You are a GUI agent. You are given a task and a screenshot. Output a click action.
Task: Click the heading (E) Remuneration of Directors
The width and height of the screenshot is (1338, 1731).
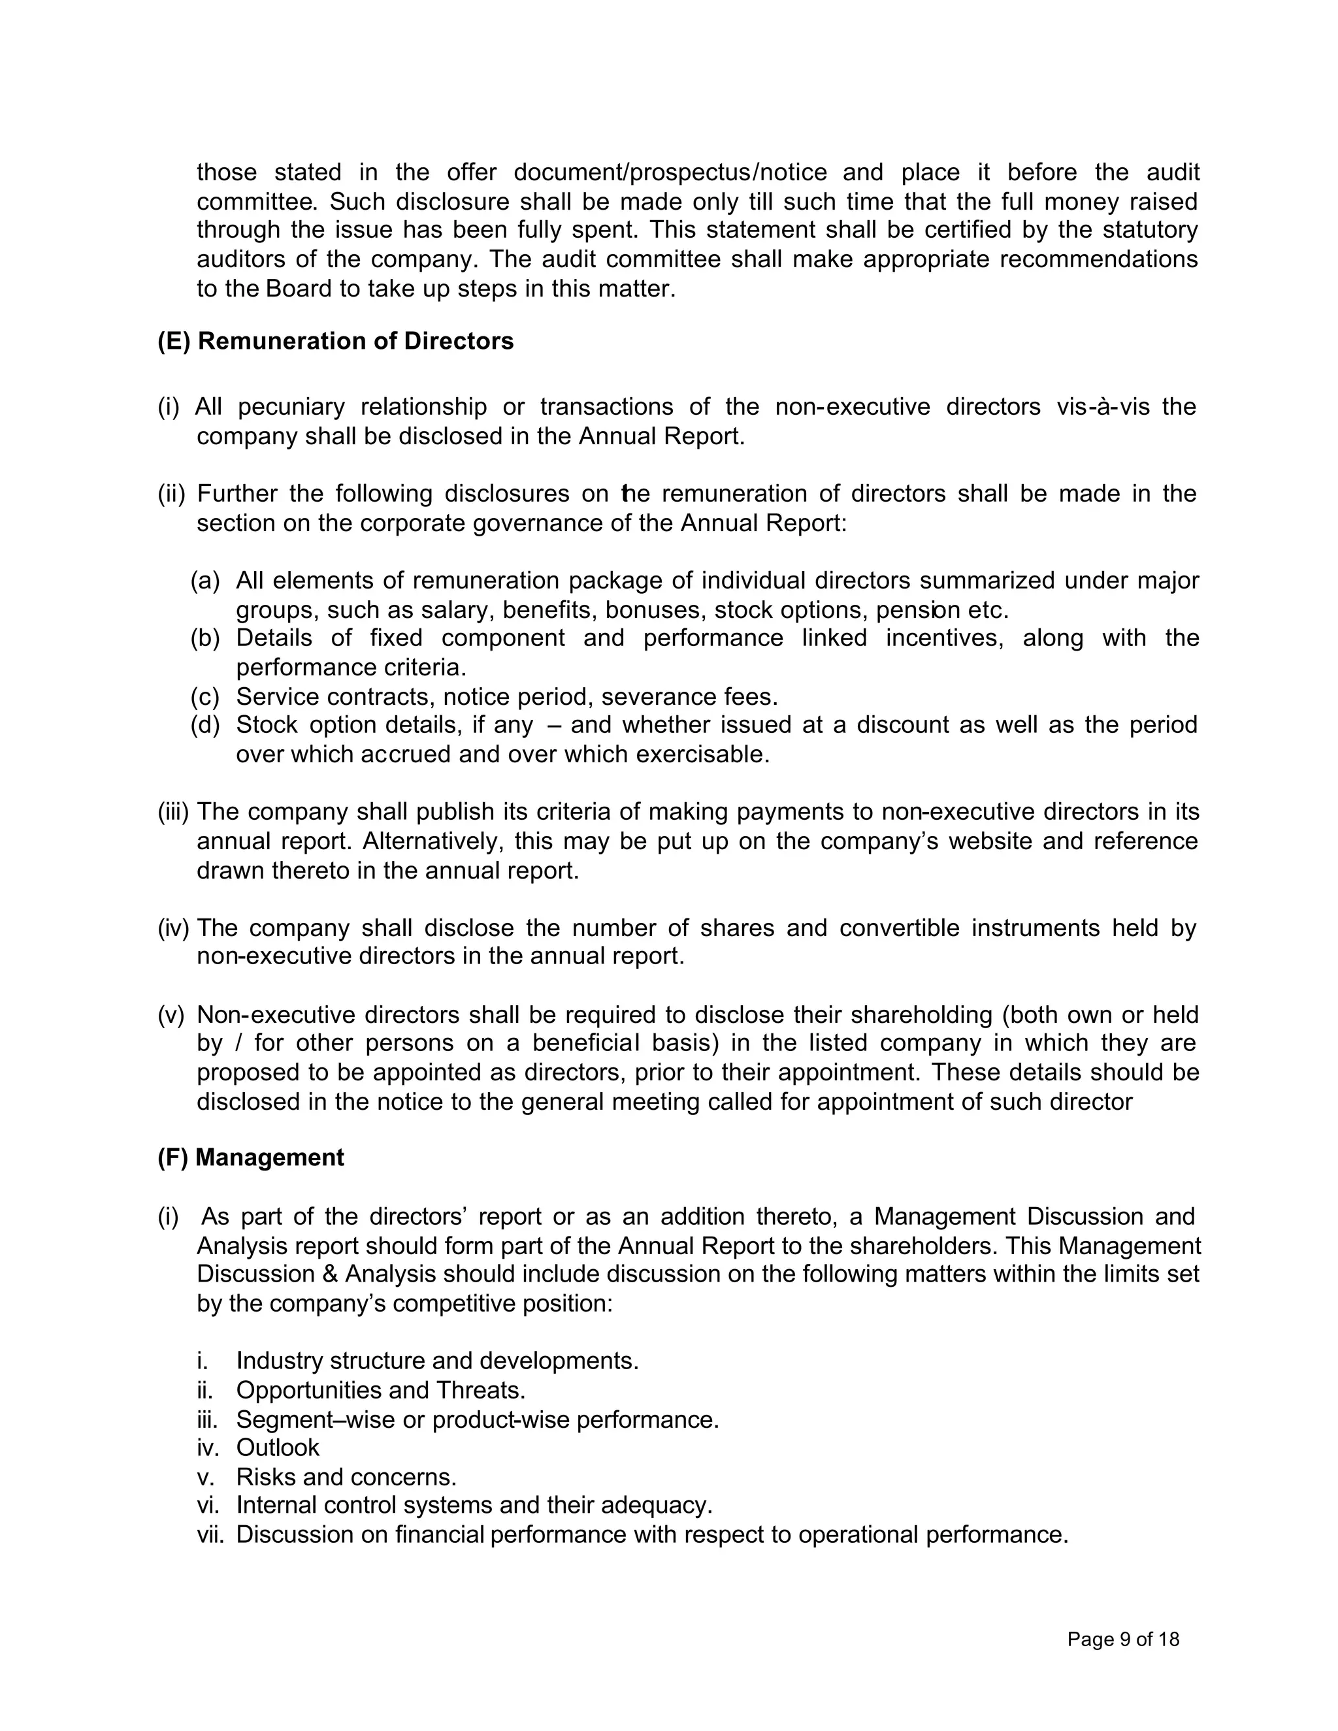coord(335,342)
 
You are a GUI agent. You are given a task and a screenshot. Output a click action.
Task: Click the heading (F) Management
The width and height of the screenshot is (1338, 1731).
coord(250,1158)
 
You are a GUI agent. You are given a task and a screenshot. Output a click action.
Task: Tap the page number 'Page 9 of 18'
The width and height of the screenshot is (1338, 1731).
coord(1123,1639)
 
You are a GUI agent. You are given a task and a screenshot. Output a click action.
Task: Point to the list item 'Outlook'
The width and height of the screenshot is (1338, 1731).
coord(278,1448)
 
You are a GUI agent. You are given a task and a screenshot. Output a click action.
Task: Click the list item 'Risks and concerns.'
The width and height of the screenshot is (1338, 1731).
coord(346,1478)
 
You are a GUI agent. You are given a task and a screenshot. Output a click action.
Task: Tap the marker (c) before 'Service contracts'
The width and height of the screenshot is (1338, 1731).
coord(204,698)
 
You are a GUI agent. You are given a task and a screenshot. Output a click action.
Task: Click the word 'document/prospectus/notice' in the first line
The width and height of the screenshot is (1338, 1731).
coord(670,173)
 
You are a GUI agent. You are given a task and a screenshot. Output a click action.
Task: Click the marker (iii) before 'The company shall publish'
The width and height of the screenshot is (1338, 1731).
coord(172,813)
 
